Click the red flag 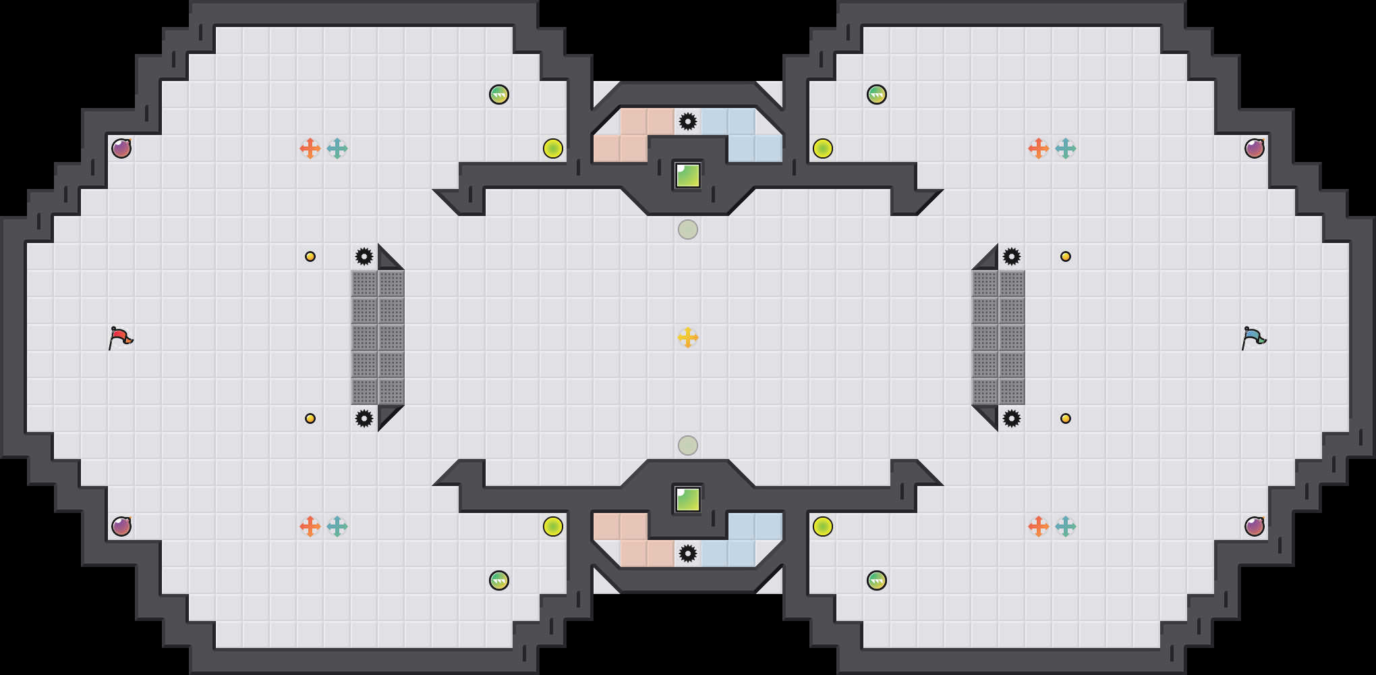point(121,337)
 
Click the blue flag point(1254,337)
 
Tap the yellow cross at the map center point(688,337)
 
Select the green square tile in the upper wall point(688,175)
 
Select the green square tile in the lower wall point(688,500)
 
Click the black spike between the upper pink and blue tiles point(688,122)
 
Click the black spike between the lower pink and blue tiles point(688,553)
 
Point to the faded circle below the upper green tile point(688,230)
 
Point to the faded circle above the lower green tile point(688,446)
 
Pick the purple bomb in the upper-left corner point(121,148)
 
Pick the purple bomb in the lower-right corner point(1255,526)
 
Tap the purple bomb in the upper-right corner point(1255,148)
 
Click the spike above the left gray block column point(364,256)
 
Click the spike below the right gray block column point(1012,418)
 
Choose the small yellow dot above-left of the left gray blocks point(310,256)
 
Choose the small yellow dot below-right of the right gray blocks point(1066,418)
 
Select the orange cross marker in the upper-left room point(310,148)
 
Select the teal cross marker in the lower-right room point(1066,526)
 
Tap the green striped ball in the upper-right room point(877,94)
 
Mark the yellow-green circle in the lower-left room point(553,526)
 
